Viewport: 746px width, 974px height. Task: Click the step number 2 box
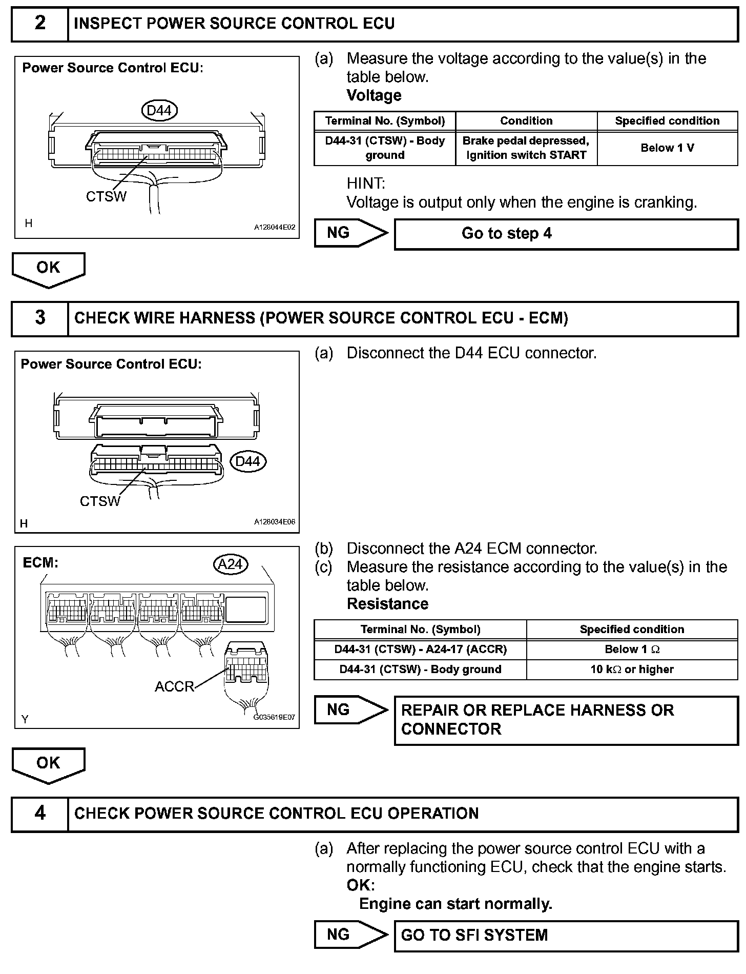tap(40, 24)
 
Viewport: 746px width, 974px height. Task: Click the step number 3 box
tap(40, 318)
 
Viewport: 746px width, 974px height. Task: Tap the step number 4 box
tap(40, 814)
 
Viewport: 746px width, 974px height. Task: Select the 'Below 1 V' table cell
tap(667, 148)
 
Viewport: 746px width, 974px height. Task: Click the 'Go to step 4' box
tap(566, 234)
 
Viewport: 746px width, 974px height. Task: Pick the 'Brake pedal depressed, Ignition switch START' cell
tap(526, 148)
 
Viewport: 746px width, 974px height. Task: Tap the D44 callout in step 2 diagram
tap(159, 110)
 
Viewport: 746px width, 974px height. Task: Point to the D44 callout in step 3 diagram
tap(248, 461)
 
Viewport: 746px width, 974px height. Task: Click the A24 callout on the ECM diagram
tap(230, 564)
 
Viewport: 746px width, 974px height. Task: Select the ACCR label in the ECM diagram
tap(175, 686)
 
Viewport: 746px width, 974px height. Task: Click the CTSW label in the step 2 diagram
tap(106, 196)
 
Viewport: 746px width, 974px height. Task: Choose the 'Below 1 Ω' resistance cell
tap(632, 650)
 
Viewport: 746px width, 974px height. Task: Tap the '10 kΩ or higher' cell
tap(632, 669)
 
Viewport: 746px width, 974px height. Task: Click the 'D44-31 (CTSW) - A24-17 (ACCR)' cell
tap(420, 650)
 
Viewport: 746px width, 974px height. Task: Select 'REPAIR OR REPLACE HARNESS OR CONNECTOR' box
tap(566, 720)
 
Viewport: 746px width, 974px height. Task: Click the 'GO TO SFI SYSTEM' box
tap(566, 935)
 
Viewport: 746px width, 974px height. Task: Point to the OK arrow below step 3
tap(48, 764)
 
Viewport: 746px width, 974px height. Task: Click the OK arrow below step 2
tap(48, 269)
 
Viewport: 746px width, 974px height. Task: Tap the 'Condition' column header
tap(526, 121)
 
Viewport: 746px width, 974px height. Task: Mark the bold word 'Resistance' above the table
tap(387, 604)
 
